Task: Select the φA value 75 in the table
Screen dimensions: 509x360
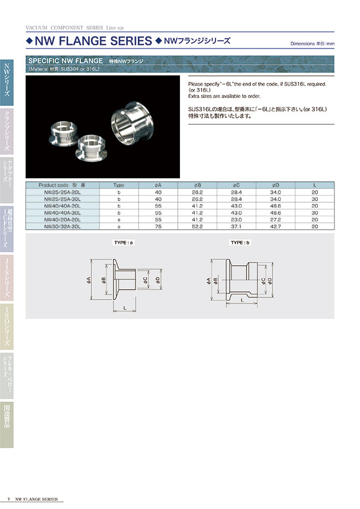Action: [158, 226]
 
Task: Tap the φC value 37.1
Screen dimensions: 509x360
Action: [236, 226]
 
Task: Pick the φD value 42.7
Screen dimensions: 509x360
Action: [275, 226]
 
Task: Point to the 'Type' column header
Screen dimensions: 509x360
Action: [119, 185]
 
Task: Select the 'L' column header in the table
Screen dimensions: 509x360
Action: [314, 185]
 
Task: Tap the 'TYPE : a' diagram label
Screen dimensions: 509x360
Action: [122, 243]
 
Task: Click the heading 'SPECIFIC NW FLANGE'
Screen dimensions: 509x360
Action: [65, 60]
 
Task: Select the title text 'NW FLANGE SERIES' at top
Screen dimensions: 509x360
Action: [93, 40]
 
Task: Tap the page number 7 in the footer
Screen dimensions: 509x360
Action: [9, 499]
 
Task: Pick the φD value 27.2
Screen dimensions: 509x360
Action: [275, 219]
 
